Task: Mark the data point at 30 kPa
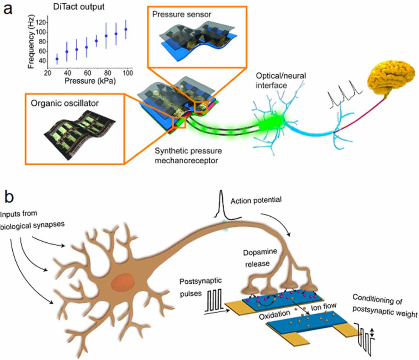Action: tap(57, 59)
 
